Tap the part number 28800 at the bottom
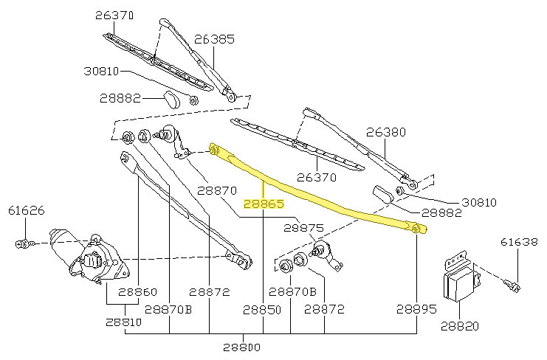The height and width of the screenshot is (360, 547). [241, 347]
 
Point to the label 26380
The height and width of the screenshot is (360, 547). [386, 133]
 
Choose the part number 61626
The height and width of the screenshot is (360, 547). [27, 211]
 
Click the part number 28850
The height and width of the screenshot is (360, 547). [263, 310]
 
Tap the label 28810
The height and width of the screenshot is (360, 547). [123, 322]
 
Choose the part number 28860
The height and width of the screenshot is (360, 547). [137, 291]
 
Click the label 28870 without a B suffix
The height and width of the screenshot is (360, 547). [216, 190]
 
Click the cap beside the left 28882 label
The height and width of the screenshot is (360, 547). [171, 99]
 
